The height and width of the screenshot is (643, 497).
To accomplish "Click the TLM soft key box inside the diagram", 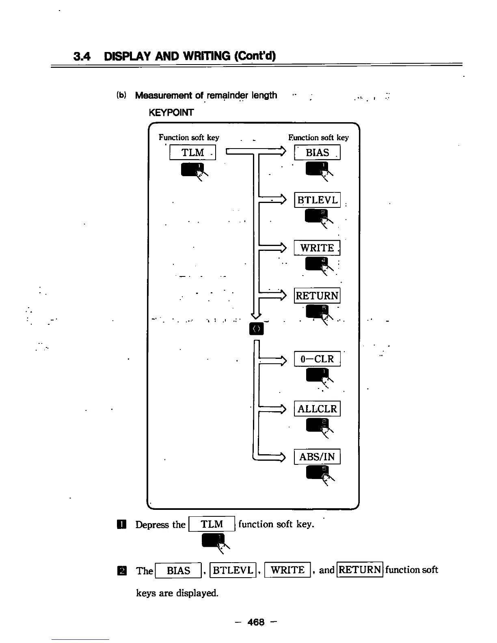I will point(192,153).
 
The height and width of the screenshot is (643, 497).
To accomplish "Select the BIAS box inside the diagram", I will point(317,153).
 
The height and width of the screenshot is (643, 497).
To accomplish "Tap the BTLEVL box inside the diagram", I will point(317,200).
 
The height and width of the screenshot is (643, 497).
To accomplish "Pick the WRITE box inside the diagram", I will point(317,248).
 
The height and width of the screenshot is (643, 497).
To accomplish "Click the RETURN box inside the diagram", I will point(317,296).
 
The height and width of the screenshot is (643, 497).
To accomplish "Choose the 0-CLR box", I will point(317,359).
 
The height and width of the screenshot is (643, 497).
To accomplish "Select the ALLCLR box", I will point(317,409).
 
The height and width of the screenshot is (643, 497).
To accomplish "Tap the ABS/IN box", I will point(317,457).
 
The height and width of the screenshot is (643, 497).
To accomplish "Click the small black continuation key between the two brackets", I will point(256,328).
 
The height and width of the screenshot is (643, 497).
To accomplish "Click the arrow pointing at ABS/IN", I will point(272,457).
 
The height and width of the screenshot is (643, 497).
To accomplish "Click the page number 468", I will point(256,622).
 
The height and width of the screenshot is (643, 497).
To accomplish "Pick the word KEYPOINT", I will point(171,112).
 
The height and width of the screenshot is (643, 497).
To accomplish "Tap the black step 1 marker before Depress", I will point(121,524).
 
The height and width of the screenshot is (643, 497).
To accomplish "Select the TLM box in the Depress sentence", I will point(212,524).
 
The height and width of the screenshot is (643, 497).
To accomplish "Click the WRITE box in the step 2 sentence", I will point(287,570).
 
